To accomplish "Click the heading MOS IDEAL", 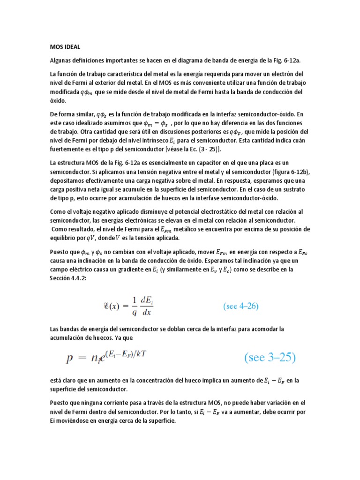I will [65, 47].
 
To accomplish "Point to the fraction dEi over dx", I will [150, 306].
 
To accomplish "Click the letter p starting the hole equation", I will [70, 359].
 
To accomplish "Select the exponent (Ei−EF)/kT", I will [122, 354].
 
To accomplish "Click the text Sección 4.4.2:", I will [68, 278].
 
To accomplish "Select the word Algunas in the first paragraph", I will [62, 60].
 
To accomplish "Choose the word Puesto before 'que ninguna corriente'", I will [61, 403].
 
